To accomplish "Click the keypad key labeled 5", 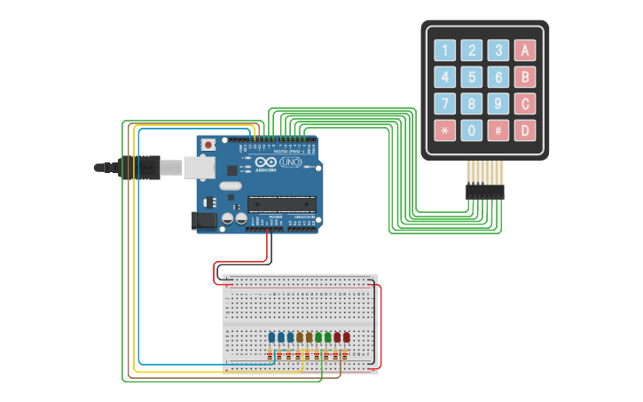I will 472,77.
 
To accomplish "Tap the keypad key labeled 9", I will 498,104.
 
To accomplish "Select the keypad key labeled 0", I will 472,130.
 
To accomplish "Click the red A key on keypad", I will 525,51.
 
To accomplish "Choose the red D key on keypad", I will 525,130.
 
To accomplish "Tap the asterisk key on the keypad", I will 445,130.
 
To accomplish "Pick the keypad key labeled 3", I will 498,51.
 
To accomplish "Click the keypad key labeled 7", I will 445,104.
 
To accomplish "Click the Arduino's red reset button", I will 208,145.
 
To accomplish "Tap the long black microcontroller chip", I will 282,201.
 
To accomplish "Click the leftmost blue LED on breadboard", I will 271,337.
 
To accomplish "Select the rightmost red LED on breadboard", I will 347,337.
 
